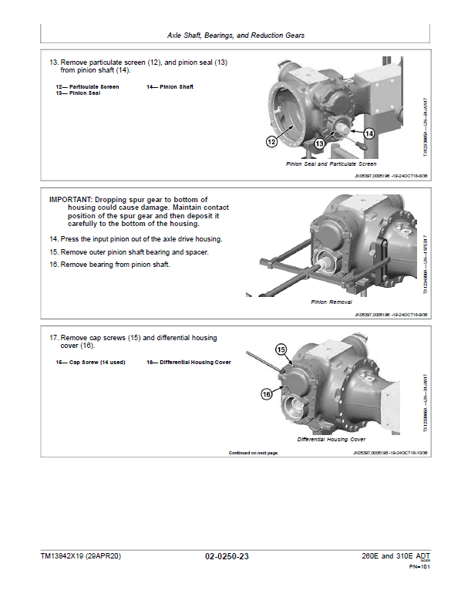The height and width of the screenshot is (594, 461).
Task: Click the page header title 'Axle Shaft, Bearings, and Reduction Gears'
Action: (x=235, y=35)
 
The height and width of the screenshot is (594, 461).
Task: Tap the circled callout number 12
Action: (x=272, y=141)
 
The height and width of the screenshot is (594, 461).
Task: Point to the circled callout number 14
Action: (x=368, y=133)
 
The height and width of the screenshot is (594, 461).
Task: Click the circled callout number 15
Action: (x=281, y=349)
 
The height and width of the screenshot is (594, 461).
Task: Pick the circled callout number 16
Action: (x=266, y=393)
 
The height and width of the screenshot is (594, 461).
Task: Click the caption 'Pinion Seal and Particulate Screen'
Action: (x=331, y=164)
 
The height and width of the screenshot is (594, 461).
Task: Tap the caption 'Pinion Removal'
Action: (x=331, y=302)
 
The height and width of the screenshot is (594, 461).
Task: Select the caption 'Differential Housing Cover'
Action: (x=331, y=439)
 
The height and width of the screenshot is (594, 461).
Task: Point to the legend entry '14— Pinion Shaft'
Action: (x=170, y=87)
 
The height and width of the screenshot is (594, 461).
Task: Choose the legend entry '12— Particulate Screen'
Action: (x=87, y=87)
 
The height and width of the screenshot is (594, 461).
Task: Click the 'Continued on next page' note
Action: (x=253, y=453)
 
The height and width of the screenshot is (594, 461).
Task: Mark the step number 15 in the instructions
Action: (x=54, y=252)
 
